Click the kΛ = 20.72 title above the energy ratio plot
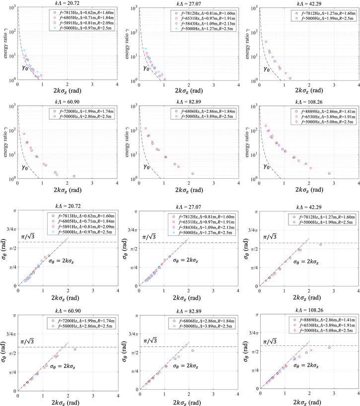click(x=67, y=3)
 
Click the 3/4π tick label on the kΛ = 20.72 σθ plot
click(x=10, y=229)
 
